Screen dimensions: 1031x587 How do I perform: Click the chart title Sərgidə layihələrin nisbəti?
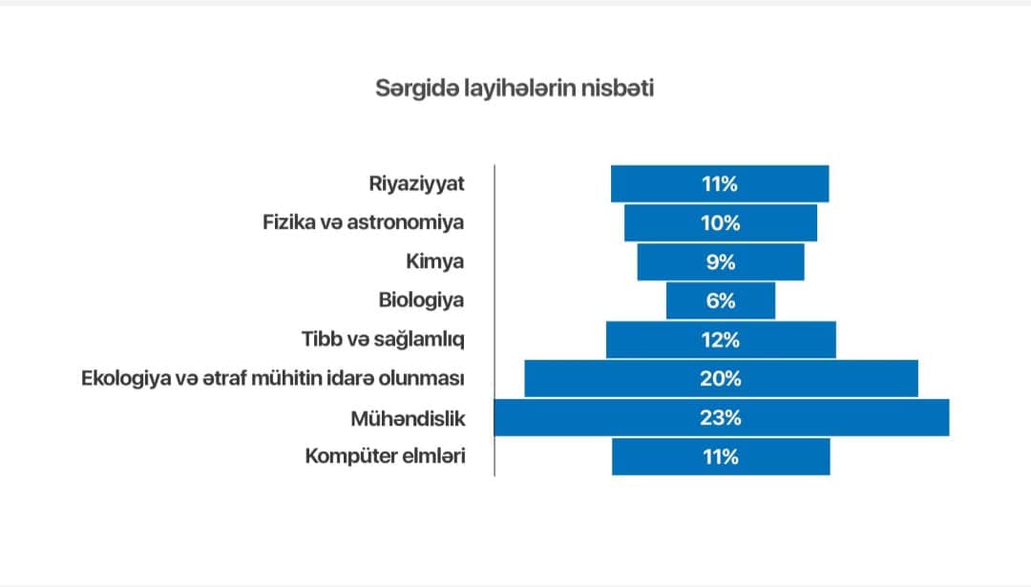click(x=515, y=88)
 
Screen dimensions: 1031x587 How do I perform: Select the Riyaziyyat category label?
click(x=416, y=183)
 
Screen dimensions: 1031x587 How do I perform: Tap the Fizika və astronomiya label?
click(x=363, y=222)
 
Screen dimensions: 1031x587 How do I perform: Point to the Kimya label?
click(x=434, y=261)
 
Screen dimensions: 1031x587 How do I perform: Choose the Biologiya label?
click(x=421, y=301)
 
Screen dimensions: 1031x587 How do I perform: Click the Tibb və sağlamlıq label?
click(x=383, y=339)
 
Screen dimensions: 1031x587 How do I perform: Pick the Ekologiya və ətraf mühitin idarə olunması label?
click(x=273, y=378)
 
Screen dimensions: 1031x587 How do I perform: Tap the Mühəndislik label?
click(x=408, y=418)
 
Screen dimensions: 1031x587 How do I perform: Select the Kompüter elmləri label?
click(x=385, y=456)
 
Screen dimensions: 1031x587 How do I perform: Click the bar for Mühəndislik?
click(x=722, y=417)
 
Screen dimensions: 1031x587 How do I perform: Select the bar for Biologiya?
click(x=721, y=301)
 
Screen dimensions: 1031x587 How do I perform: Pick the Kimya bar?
click(x=721, y=262)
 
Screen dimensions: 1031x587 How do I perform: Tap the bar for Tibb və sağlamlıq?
click(x=721, y=340)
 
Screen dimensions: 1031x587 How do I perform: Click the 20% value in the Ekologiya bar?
click(x=721, y=379)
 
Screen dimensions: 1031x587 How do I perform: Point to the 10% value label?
click(x=721, y=222)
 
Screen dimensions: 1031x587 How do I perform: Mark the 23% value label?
click(x=721, y=417)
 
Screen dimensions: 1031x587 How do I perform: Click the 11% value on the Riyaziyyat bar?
click(x=720, y=183)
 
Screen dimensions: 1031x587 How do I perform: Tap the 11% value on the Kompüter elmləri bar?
click(x=721, y=457)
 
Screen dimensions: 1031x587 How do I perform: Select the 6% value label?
click(x=721, y=301)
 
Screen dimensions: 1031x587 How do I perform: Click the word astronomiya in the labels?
click(x=405, y=222)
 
